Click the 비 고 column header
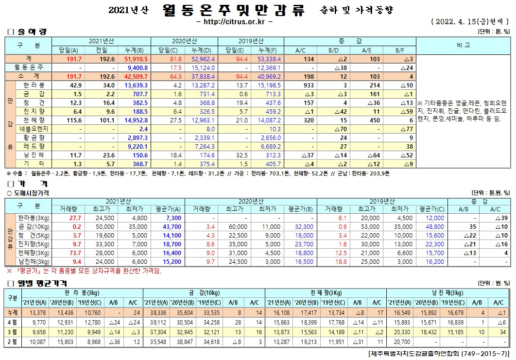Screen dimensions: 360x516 [x=463, y=45]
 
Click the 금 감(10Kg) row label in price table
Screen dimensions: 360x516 [x=33, y=226]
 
